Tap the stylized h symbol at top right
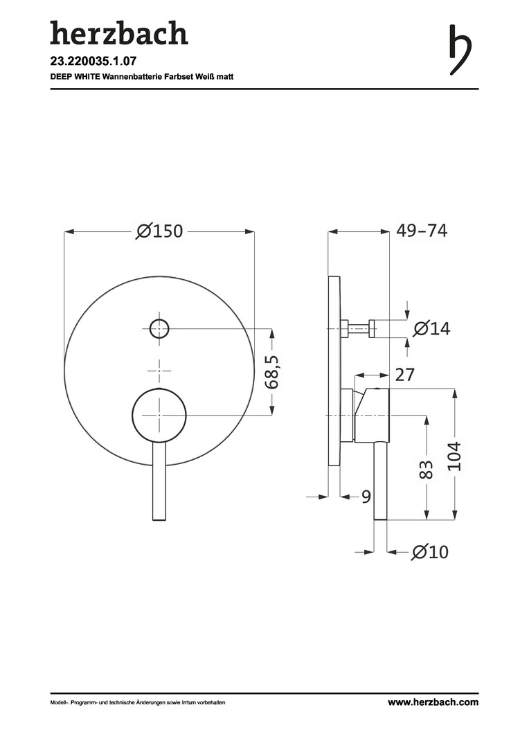click(460, 50)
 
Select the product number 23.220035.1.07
click(90, 61)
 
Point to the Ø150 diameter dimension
click(159, 231)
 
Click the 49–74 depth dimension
click(422, 231)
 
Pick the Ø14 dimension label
click(431, 329)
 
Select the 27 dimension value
click(405, 375)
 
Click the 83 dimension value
click(427, 470)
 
